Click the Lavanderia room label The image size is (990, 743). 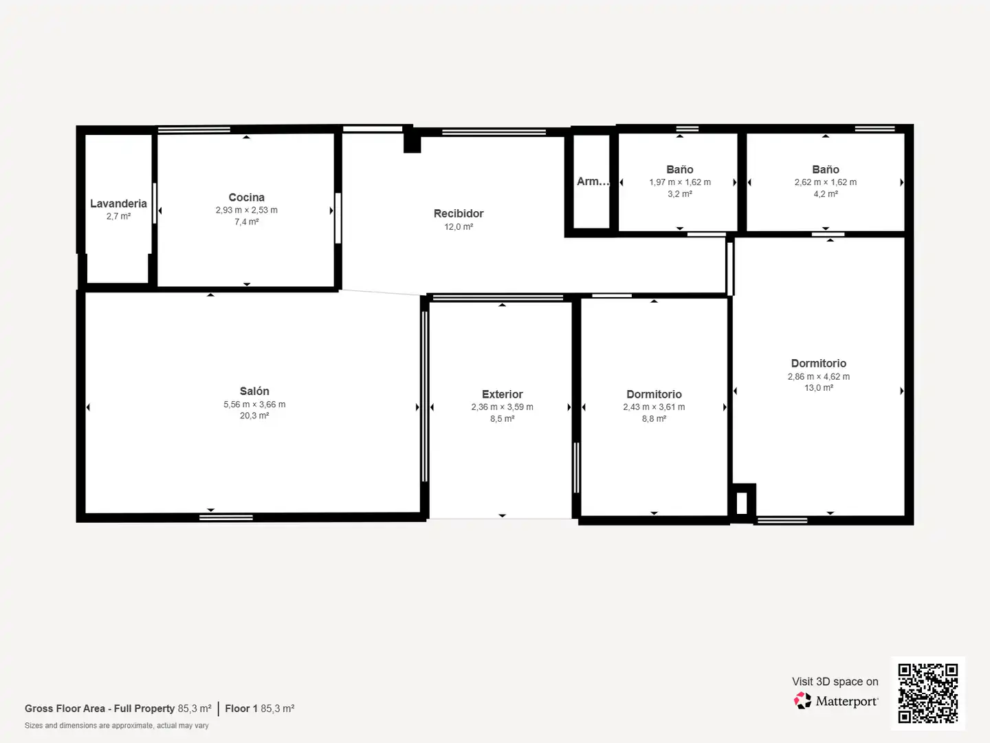pos(118,204)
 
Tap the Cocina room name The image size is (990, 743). pos(246,197)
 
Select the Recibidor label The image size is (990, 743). pos(459,213)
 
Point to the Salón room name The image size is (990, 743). pos(254,391)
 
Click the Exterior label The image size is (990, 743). pos(502,394)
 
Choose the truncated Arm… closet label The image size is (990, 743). pos(593,182)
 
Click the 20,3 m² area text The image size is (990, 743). pos(254,416)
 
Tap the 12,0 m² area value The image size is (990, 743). pos(459,227)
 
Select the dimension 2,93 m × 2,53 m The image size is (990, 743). pos(246,211)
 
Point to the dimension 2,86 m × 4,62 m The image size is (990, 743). pos(819,377)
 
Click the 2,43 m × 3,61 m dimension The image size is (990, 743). pos(654,407)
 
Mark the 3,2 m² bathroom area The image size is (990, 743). pos(680,194)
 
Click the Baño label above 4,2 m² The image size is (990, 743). pos(826,170)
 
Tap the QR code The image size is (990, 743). pos(927,693)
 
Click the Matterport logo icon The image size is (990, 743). pos(802,700)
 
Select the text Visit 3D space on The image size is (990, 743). pos(835,682)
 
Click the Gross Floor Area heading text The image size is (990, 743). pos(99,709)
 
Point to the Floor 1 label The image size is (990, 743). pos(241,709)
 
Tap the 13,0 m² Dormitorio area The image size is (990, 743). pos(819,388)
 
